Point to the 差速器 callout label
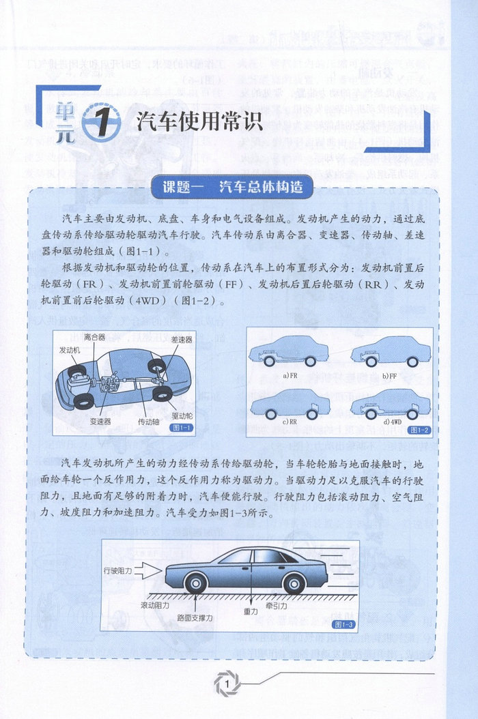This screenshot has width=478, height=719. pyautogui.click(x=182, y=339)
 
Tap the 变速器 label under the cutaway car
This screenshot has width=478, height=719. pyautogui.click(x=100, y=421)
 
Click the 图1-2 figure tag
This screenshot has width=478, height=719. pyautogui.click(x=418, y=430)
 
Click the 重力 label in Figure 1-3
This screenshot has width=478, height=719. pyautogui.click(x=251, y=612)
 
